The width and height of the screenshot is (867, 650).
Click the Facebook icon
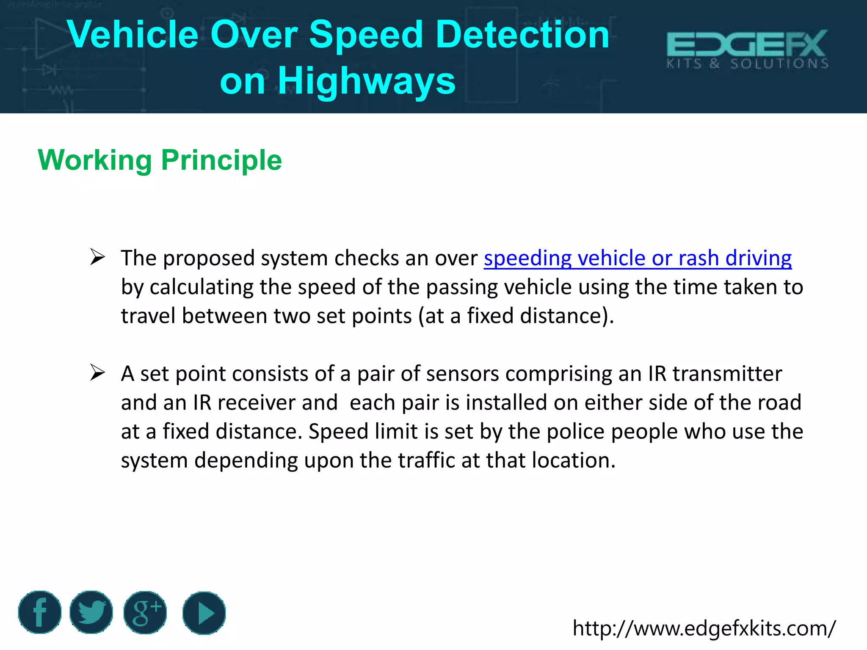pyautogui.click(x=40, y=612)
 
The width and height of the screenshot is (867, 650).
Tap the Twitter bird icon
pyautogui.click(x=91, y=612)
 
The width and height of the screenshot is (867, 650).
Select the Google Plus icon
pyautogui.click(x=145, y=612)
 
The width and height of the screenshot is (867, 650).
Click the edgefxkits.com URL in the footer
pyautogui.click(x=704, y=628)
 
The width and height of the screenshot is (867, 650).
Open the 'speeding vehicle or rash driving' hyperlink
pyautogui.click(x=638, y=258)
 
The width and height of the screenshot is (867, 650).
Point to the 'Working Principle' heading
pyautogui.click(x=160, y=160)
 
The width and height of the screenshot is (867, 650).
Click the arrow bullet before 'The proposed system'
pyautogui.click(x=97, y=257)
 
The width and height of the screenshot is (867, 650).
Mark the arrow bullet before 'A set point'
pyautogui.click(x=97, y=373)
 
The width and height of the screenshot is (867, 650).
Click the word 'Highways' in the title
pyautogui.click(x=367, y=80)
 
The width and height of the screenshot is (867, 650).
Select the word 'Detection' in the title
pyautogui.click(x=522, y=35)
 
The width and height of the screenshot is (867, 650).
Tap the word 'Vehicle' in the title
pyautogui.click(x=133, y=35)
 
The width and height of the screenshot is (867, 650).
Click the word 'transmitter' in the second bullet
pyautogui.click(x=727, y=374)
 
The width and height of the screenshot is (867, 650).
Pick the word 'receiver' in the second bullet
pyautogui.click(x=256, y=402)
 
